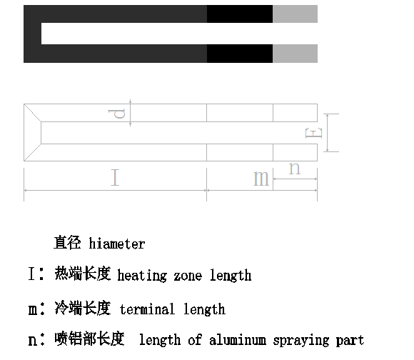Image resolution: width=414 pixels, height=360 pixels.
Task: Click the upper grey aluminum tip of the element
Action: tap(295, 14)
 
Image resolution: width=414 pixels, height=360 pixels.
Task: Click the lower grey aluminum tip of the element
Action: tap(295, 54)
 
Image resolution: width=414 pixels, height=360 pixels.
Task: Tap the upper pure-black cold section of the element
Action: tap(240, 14)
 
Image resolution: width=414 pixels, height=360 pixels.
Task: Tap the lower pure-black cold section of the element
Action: tap(240, 54)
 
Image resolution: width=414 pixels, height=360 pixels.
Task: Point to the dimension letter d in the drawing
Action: tap(116, 114)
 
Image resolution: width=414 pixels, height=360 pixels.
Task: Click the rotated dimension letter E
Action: tap(313, 133)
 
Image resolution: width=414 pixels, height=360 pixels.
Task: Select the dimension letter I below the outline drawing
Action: tap(115, 177)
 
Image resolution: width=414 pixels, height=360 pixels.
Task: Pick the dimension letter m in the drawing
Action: tap(261, 179)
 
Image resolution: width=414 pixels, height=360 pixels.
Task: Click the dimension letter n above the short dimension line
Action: tap(295, 169)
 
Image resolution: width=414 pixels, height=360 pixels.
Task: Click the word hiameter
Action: tap(117, 244)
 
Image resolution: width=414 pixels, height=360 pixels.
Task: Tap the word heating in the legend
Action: tap(142, 276)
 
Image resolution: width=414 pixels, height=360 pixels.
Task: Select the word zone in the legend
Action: tap(188, 276)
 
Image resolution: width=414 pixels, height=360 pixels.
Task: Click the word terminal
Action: tap(147, 309)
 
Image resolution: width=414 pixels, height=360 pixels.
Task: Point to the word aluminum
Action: tap(238, 340)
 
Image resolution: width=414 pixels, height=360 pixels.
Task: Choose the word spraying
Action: tap(301, 341)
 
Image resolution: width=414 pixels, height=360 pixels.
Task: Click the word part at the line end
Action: tap(350, 341)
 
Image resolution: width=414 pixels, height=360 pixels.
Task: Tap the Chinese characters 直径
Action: tap(67, 242)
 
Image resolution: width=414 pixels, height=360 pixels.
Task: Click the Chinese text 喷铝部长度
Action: tap(89, 339)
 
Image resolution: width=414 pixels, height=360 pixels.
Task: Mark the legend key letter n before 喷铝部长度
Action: tap(32, 341)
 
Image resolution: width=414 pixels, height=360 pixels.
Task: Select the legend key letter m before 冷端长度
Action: tap(32, 310)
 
